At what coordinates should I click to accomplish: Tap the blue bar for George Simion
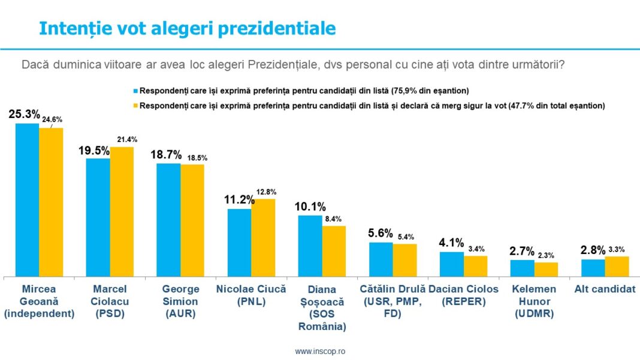pyautogui.click(x=168, y=219)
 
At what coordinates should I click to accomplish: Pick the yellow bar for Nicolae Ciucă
pyautogui.click(x=263, y=237)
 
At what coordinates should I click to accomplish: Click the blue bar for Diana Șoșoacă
pyautogui.click(x=310, y=246)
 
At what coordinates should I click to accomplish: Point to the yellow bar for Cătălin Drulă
pyautogui.click(x=404, y=260)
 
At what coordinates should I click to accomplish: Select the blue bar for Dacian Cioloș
pyautogui.click(x=451, y=264)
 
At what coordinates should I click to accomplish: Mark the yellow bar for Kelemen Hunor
pyautogui.click(x=546, y=269)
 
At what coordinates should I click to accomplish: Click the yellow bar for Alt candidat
pyautogui.click(x=617, y=266)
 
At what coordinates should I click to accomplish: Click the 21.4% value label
pyautogui.click(x=126, y=140)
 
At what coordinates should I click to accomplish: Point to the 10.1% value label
pyautogui.click(x=310, y=207)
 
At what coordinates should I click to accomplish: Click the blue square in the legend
pyautogui.click(x=135, y=92)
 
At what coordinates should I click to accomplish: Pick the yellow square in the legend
pyautogui.click(x=135, y=105)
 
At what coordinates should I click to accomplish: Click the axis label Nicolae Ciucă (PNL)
pyautogui.click(x=251, y=295)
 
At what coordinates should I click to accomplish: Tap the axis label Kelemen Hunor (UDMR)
pyautogui.click(x=534, y=301)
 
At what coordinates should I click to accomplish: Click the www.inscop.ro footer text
pyautogui.click(x=320, y=351)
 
